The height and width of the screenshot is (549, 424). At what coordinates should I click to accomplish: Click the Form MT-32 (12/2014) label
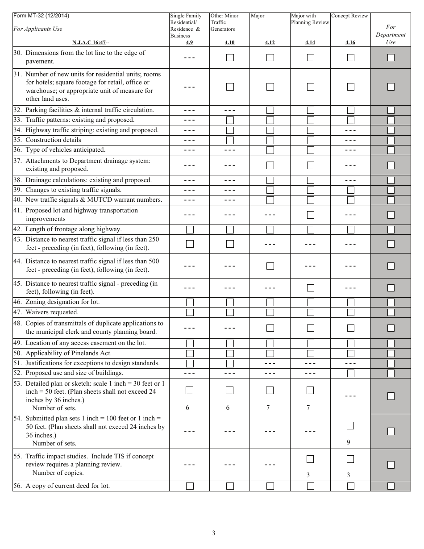pos(41,16)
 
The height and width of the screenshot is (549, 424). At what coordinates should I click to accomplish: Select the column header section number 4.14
pos(310,42)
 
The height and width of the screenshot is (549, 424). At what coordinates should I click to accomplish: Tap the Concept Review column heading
pos(350,16)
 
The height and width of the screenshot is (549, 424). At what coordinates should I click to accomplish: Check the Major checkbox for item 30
pos(270,58)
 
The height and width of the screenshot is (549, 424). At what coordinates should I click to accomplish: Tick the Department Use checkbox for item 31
pos(391,87)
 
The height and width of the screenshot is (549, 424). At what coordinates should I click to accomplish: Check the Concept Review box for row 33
pos(350,120)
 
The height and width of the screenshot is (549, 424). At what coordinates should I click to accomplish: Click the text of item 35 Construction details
pos(53,140)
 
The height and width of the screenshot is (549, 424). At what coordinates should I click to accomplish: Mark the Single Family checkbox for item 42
pos(190,229)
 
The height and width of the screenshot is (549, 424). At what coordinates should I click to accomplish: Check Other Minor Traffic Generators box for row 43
pos(230,244)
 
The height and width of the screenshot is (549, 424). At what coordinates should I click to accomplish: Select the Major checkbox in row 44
pos(270,266)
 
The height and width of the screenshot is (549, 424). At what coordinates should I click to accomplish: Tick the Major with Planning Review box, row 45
pos(310,288)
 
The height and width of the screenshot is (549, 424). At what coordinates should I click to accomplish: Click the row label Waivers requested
pos(52,312)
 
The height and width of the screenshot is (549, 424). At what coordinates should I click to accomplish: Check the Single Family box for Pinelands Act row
pos(190,354)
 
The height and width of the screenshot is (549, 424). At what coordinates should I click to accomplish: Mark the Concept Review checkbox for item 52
pos(350,373)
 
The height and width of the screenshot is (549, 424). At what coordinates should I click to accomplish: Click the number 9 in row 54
pos(348,442)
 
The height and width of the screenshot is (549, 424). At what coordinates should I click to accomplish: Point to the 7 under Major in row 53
pos(268,408)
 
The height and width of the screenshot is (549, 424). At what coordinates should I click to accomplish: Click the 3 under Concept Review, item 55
pos(348,475)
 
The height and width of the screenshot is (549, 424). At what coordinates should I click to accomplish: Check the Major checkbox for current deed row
pos(270,486)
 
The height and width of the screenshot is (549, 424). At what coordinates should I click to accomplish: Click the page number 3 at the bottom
pos(214,533)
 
